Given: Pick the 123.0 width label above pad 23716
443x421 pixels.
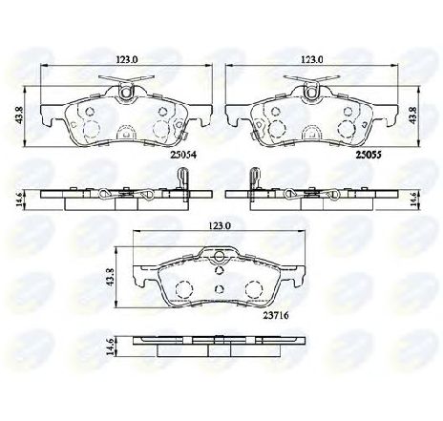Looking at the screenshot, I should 220,227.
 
